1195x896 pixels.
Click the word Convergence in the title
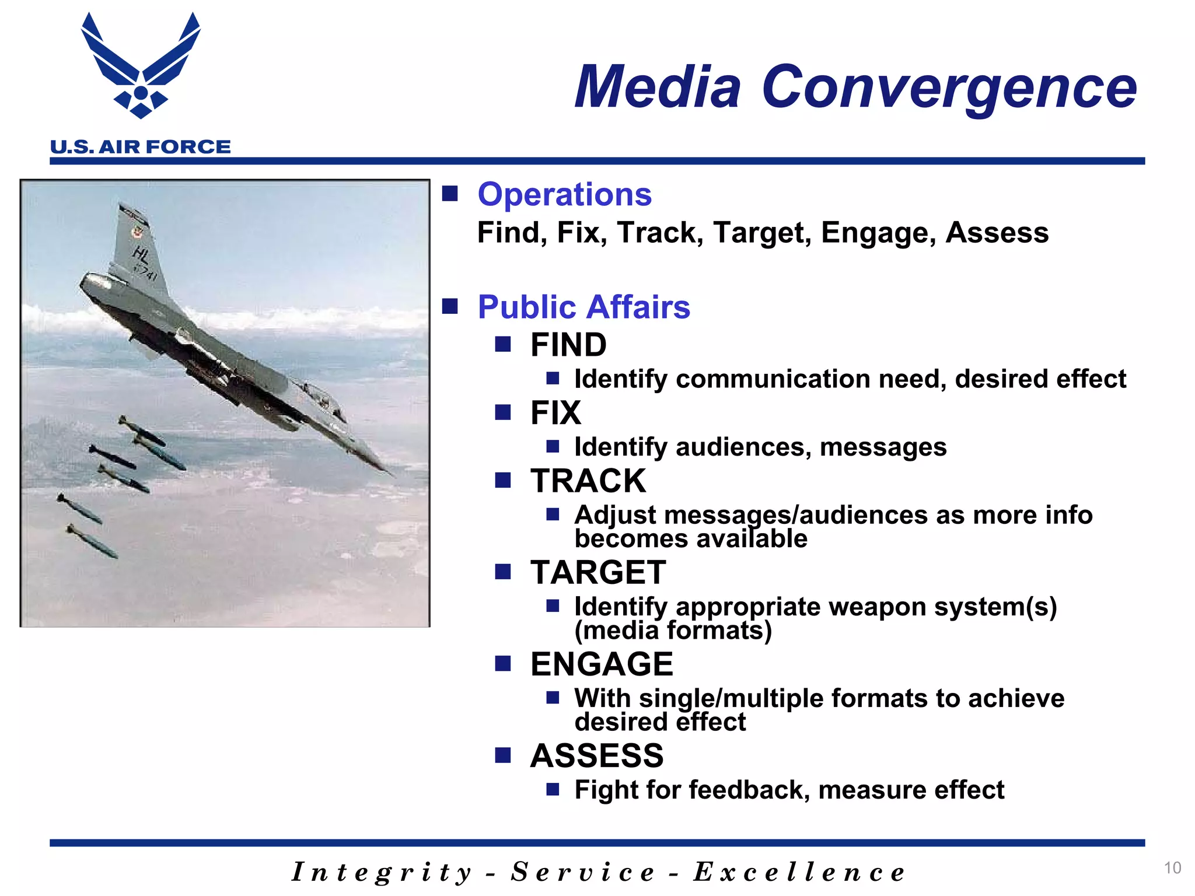[949, 87]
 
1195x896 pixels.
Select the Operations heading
[564, 194]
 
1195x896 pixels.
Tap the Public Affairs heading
[583, 307]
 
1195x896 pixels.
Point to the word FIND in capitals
[568, 345]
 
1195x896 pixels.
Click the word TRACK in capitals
[588, 481]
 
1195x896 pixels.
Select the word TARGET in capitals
[597, 572]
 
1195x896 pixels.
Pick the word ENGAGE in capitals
[601, 664]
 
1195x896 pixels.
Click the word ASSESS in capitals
[596, 756]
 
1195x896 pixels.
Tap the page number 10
[1172, 868]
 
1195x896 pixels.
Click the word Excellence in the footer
[799, 873]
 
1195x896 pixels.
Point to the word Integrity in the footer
[382, 873]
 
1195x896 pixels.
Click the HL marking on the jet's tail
[141, 254]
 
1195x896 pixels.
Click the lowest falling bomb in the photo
[92, 540]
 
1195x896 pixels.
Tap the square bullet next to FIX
[502, 413]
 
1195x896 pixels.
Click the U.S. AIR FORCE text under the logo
[141, 147]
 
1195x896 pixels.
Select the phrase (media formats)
[673, 631]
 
